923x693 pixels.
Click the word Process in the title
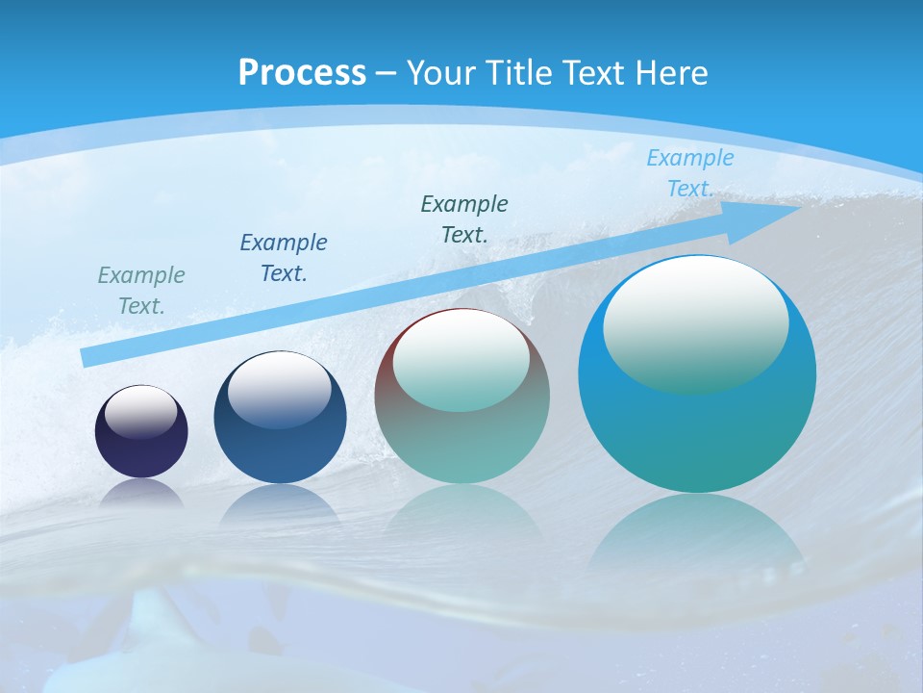coord(302,72)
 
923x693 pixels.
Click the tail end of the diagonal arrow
coord(88,357)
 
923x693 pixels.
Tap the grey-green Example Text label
coord(141,291)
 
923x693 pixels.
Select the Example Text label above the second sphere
coord(284,258)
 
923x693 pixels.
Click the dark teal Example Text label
coord(464,218)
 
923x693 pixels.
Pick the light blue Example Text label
coord(689,173)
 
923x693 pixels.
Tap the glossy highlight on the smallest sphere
coord(141,411)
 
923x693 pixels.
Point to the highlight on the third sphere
coord(461,359)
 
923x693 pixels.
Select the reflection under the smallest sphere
coord(141,493)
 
